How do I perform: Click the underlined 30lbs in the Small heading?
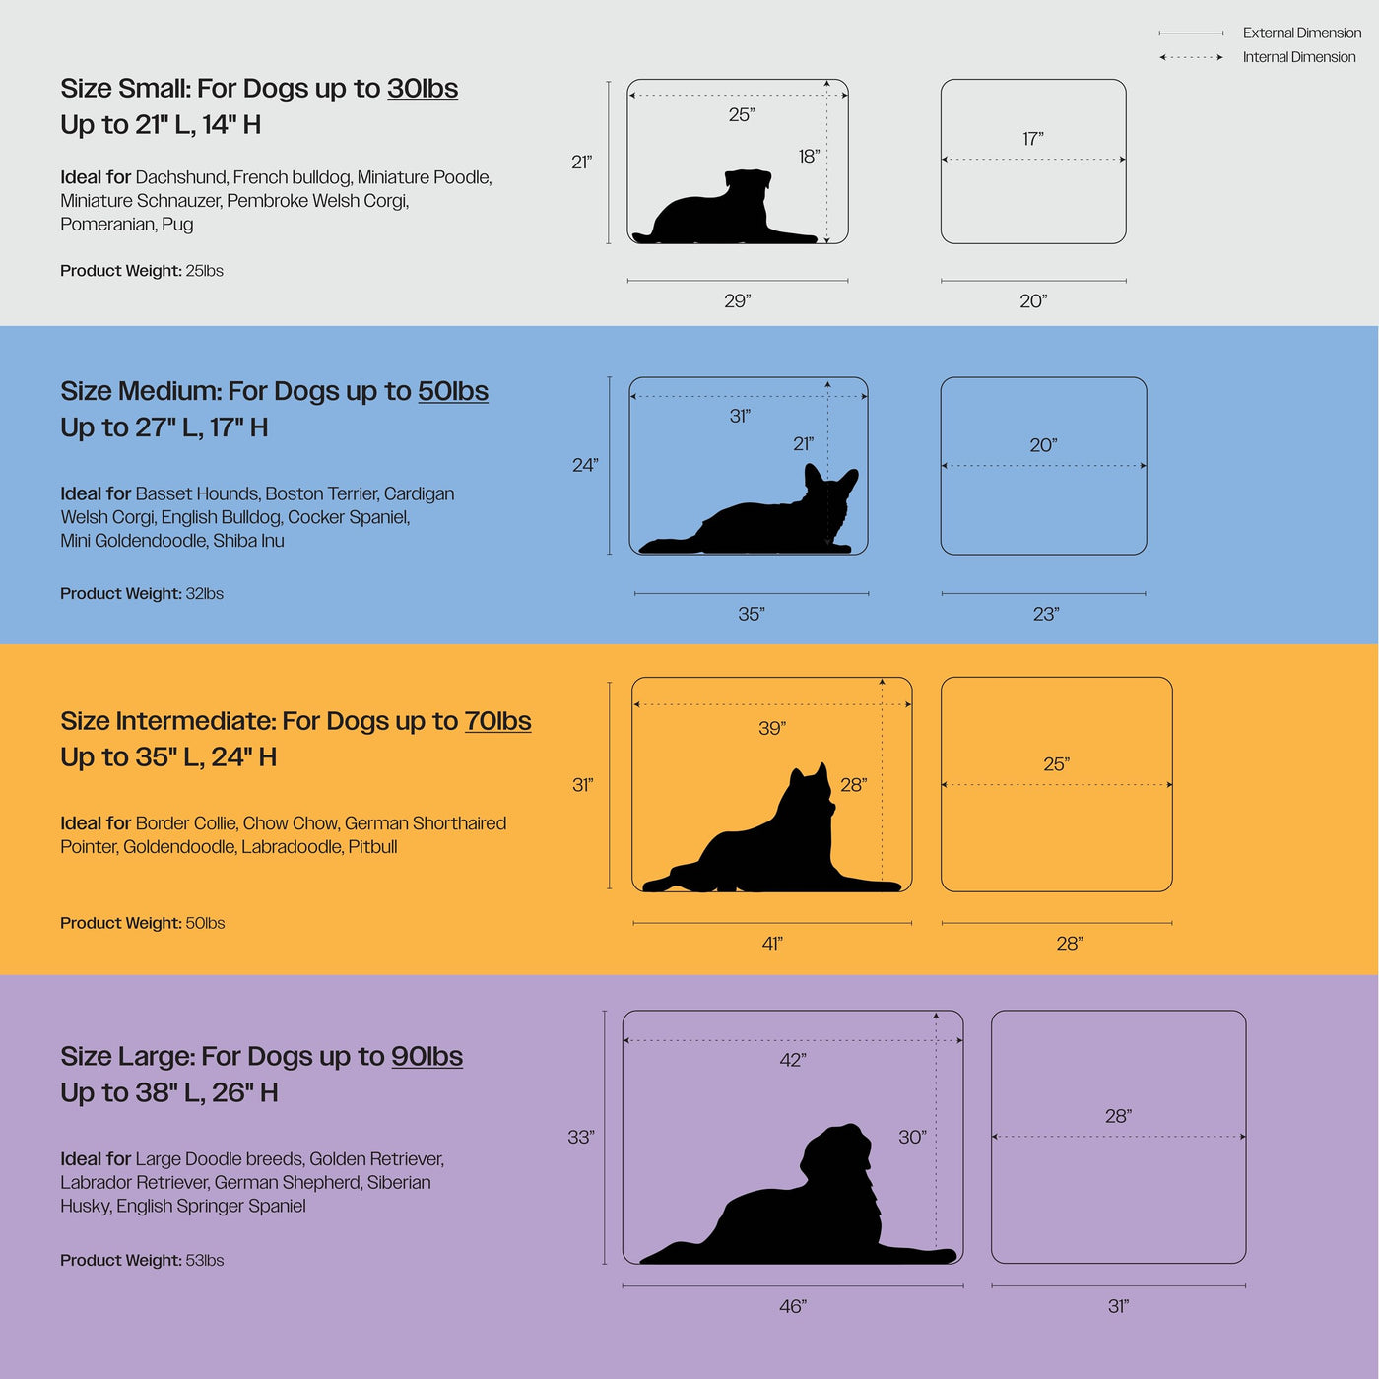[423, 89]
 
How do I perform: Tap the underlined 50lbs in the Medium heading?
[453, 391]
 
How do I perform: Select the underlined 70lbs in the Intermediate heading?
[498, 721]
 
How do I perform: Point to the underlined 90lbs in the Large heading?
[427, 1057]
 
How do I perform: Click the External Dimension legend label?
[1302, 33]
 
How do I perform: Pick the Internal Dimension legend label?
[1299, 57]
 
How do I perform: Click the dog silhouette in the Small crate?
[724, 208]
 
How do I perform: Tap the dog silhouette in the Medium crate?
[749, 509]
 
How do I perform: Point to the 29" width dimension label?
[737, 301]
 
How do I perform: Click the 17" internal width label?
[1032, 139]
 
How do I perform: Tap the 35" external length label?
[752, 614]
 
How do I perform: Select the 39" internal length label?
[772, 729]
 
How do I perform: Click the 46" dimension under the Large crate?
[793, 1307]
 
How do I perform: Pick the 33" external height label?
[581, 1137]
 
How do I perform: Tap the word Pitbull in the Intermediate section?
[372, 847]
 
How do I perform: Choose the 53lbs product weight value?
[205, 1260]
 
